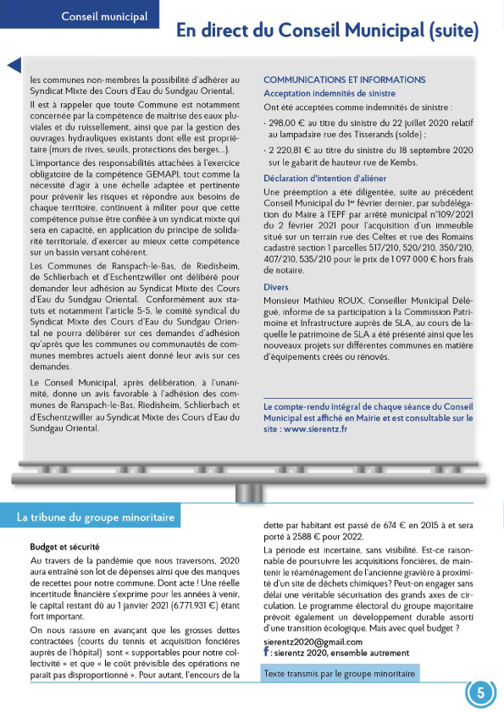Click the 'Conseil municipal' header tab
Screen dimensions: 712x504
(x=104, y=15)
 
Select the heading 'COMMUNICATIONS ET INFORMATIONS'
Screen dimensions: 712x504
(x=345, y=80)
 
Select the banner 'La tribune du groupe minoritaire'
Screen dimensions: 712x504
(x=96, y=516)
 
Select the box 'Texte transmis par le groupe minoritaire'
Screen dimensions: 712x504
(x=341, y=674)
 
